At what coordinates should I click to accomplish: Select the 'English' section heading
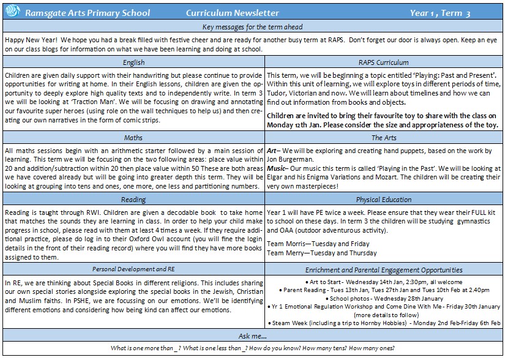(x=133, y=62)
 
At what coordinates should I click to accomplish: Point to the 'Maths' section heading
(x=133, y=138)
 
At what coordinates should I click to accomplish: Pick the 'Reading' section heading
(x=133, y=199)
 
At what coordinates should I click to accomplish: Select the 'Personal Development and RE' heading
(x=133, y=270)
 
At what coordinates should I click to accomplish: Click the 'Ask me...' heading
(x=253, y=337)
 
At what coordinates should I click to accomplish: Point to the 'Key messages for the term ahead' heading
(x=253, y=28)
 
